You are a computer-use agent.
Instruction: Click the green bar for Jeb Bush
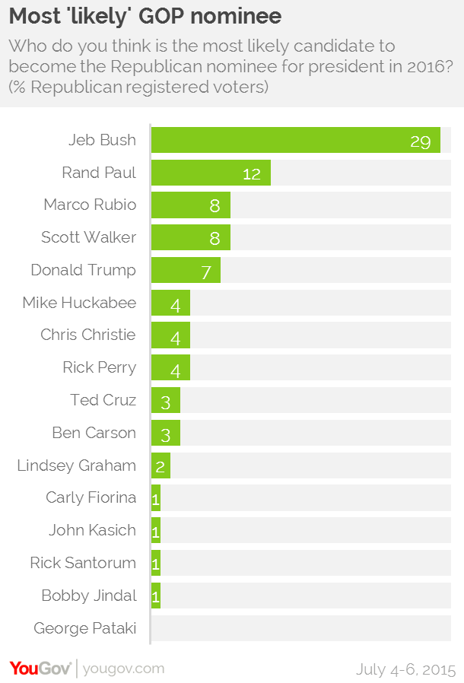[295, 140]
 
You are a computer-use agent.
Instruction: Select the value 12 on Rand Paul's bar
[252, 173]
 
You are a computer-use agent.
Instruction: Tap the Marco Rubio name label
[90, 205]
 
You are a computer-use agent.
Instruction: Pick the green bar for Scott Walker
[190, 237]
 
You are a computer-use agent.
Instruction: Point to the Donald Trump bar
[186, 270]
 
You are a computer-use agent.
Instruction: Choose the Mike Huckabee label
[79, 303]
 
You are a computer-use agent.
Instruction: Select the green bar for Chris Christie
[170, 335]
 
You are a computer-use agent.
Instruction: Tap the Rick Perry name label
[100, 367]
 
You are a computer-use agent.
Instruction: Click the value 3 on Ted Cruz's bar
[165, 402]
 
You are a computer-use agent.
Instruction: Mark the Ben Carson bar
[165, 433]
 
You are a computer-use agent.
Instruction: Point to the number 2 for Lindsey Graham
[160, 467]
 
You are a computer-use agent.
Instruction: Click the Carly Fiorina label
[91, 497]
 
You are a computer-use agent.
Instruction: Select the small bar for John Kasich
[156, 530]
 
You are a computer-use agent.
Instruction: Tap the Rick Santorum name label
[83, 563]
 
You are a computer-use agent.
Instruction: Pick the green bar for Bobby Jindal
[156, 596]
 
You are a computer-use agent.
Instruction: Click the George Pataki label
[85, 628]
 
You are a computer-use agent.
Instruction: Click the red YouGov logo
[40, 668]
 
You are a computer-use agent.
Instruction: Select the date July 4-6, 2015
[405, 669]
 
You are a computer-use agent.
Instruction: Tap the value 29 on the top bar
[421, 141]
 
